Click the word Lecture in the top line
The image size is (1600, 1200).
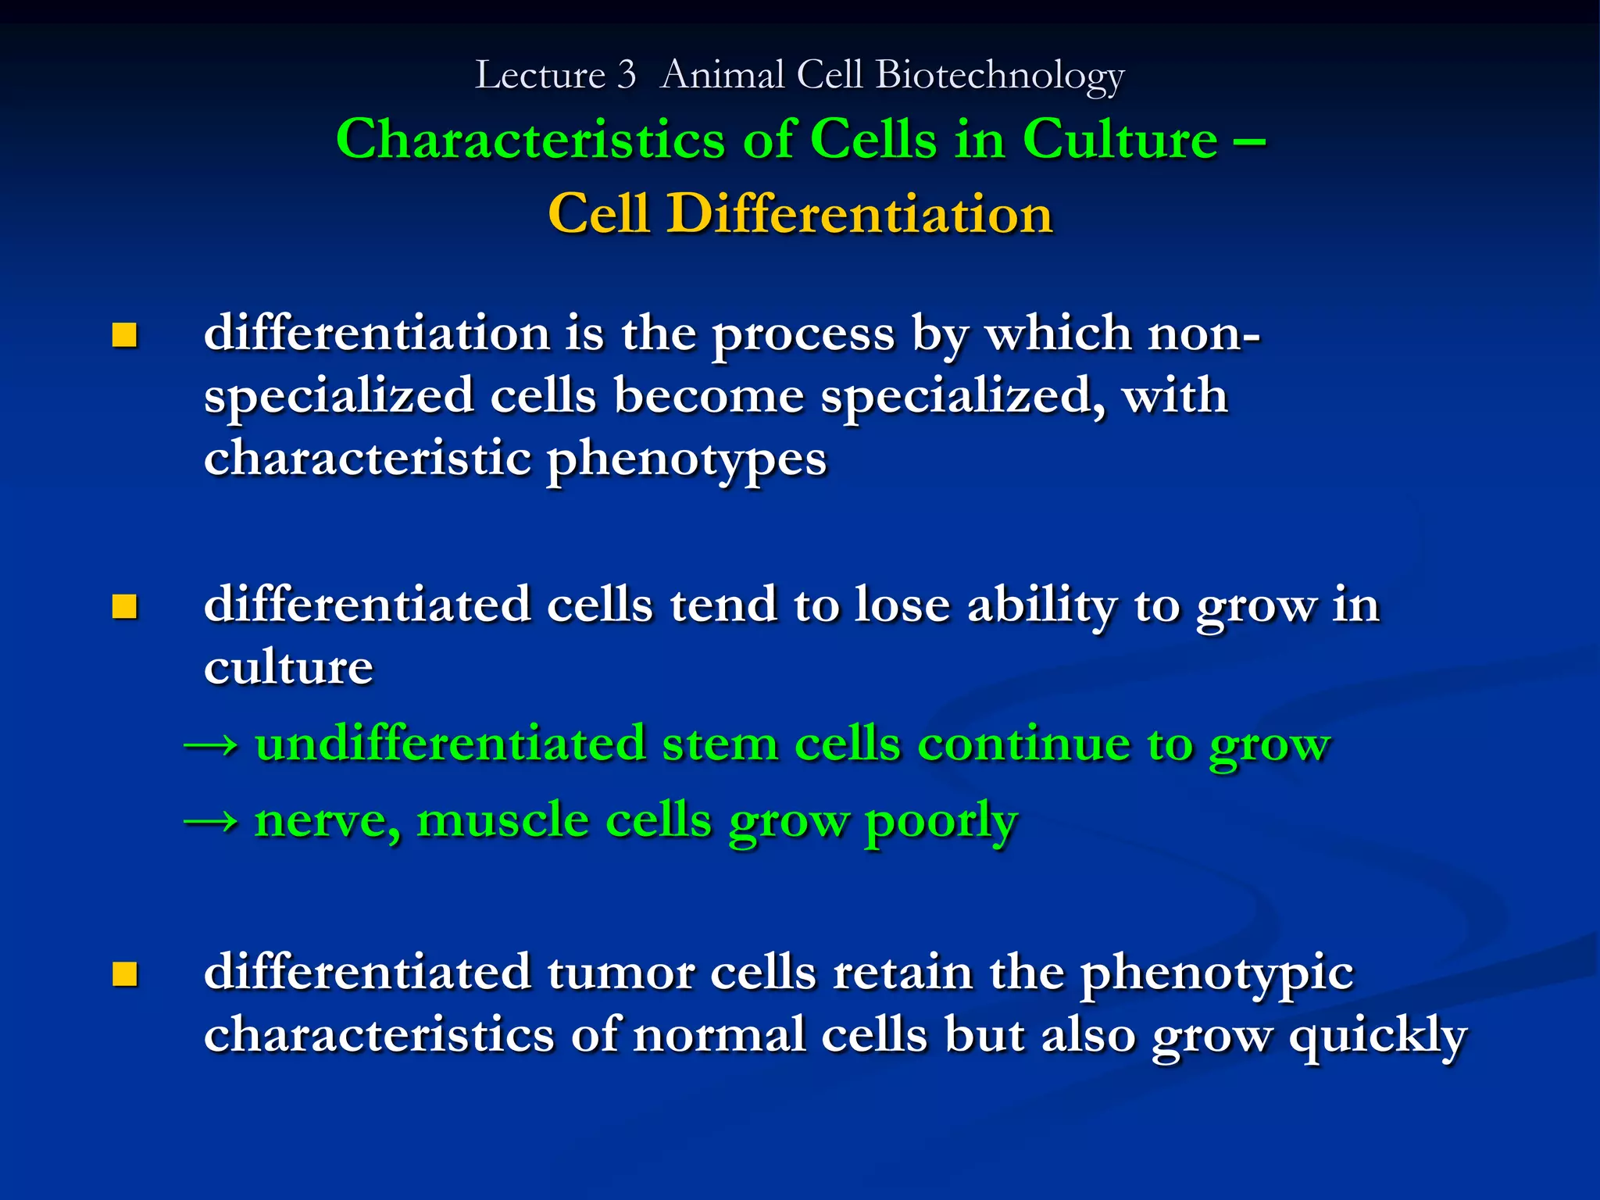[x=540, y=76]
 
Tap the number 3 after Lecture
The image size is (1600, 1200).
[x=627, y=76]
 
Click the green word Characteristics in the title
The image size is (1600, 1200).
[x=530, y=140]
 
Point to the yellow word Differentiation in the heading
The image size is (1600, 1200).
[x=859, y=213]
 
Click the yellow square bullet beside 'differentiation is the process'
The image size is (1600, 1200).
[x=124, y=336]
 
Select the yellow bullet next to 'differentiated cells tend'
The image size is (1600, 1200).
[x=124, y=607]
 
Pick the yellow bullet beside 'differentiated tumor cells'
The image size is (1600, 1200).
[x=124, y=974]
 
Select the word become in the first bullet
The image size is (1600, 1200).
[x=709, y=395]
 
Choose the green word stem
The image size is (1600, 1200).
[x=720, y=744]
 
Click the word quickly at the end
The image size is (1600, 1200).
[x=1377, y=1037]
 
